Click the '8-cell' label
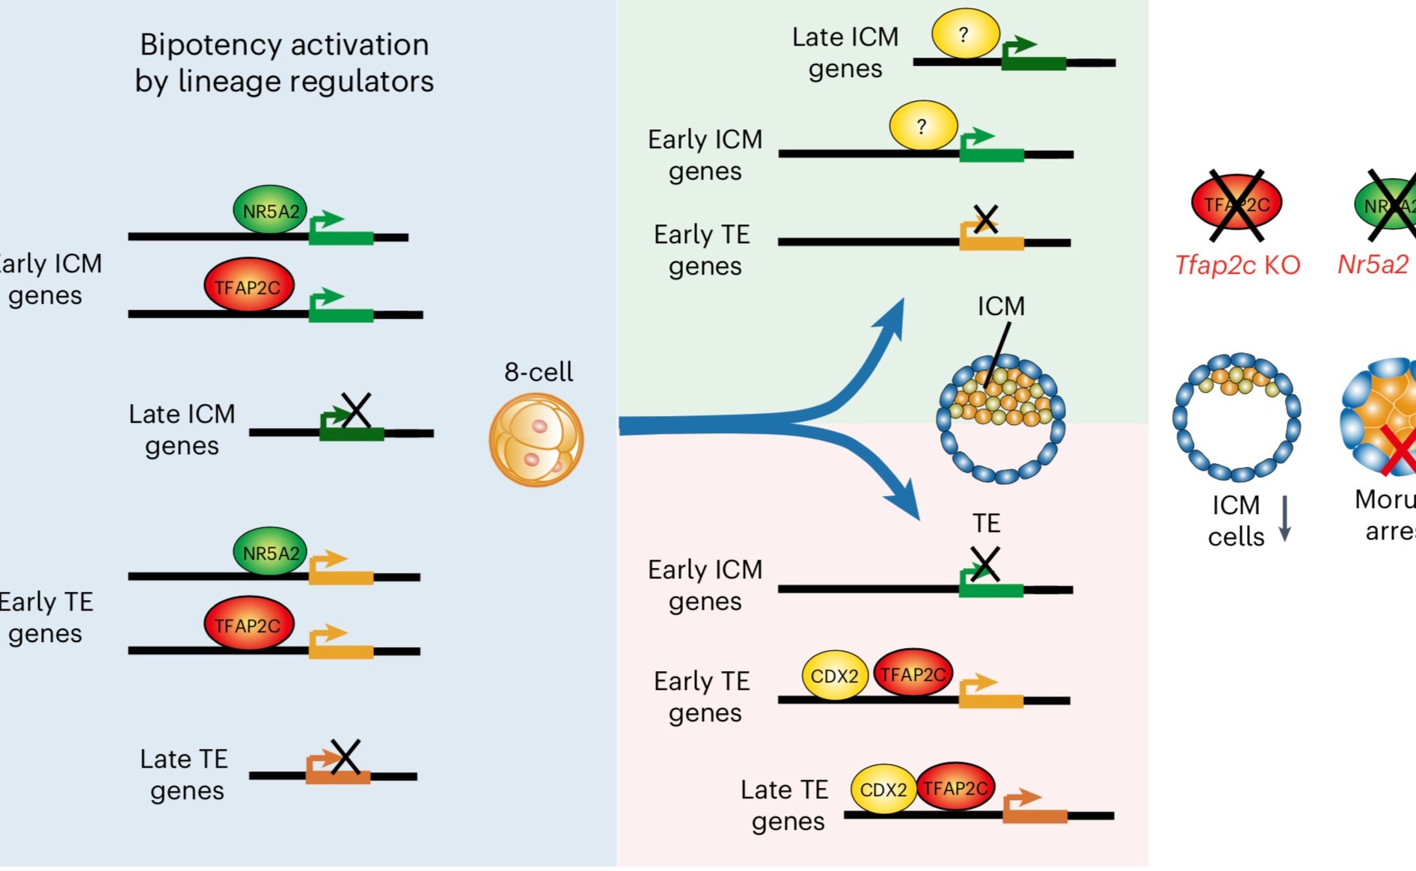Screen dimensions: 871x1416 coord(538,372)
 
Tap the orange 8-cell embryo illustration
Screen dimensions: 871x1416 coord(536,440)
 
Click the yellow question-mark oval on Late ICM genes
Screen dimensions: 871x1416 coord(965,34)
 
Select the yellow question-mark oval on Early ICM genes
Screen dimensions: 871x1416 coord(923,126)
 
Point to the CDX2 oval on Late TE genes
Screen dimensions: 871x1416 coord(883,789)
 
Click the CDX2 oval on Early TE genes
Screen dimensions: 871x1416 coord(835,676)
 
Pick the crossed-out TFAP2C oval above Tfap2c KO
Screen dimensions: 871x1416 coord(1236,204)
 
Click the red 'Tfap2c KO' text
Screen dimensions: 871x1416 coord(1237,265)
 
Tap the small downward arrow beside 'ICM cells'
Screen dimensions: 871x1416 coord(1285,519)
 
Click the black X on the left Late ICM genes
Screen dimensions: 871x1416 coord(355,410)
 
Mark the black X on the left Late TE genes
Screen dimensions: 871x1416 coord(345,757)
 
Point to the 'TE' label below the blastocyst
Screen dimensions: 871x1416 coord(986,523)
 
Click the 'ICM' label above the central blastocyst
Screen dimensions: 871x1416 coord(1001,306)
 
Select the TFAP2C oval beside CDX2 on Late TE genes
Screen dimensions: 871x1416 coord(955,787)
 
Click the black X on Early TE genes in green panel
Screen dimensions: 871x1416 coord(986,220)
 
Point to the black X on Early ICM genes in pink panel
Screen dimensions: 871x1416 coord(984,564)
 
